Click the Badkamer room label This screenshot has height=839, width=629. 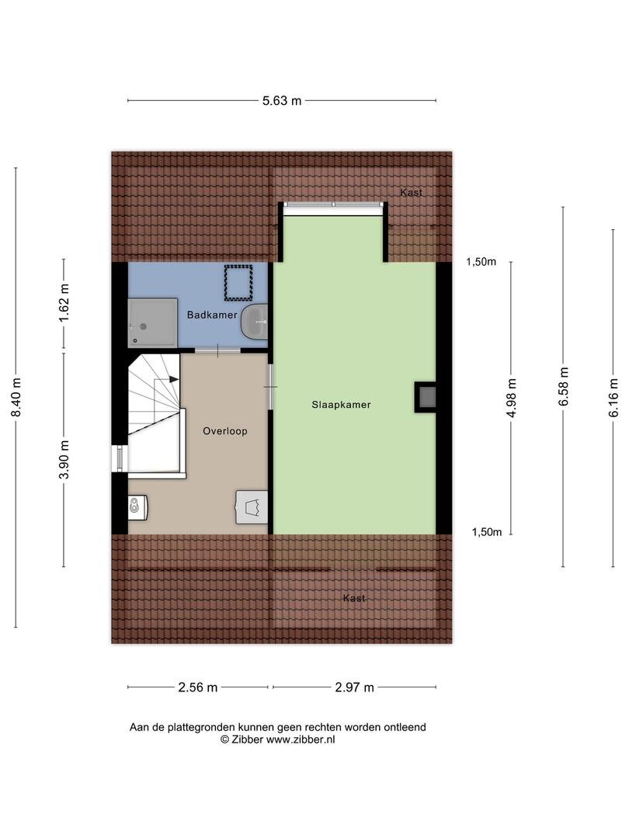212,315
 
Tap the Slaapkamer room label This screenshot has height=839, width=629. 341,405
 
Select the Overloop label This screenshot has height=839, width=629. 225,430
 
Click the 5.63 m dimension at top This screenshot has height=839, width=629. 282,100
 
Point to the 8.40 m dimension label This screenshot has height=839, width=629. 16,398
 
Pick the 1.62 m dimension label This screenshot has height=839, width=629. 64,303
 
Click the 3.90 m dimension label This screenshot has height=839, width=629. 64,460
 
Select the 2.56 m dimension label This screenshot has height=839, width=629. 198,688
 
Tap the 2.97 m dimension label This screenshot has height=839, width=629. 355,688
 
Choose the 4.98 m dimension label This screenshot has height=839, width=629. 511,398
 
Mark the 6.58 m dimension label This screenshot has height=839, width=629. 563,386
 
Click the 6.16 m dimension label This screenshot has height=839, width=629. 613,398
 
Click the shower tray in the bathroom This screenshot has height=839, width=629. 152,322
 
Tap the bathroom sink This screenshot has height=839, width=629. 255,322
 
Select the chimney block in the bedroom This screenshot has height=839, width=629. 426,397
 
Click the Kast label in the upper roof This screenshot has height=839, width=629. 412,193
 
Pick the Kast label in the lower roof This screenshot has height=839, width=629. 354,598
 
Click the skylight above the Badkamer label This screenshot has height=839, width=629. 238,283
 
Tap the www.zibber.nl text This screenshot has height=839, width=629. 301,740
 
